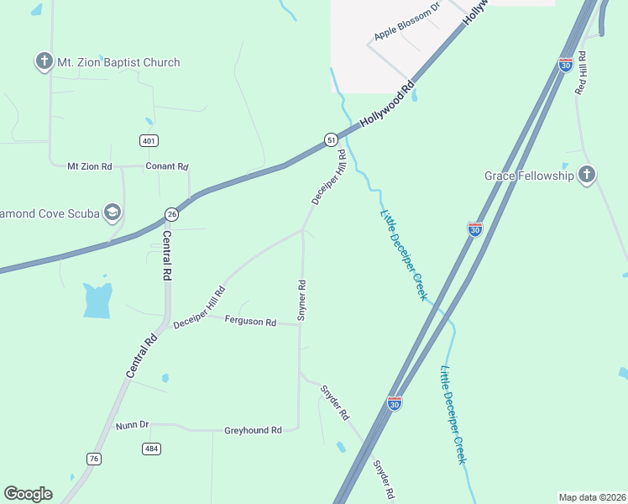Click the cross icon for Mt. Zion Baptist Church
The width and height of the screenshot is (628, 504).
coord(44,61)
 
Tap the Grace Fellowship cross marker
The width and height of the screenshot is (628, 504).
coord(587,175)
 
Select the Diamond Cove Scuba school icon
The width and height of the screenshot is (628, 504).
coord(112,213)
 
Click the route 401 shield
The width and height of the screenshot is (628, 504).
coord(149,141)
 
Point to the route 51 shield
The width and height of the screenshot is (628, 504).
coord(332,139)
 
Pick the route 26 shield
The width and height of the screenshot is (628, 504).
coord(171,214)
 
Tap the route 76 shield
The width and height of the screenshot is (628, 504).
coord(94,458)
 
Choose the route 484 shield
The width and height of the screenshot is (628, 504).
coord(151,449)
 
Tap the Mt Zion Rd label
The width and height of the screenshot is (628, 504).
coord(90,166)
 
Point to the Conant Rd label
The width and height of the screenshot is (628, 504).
coord(167,166)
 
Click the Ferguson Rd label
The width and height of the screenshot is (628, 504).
coord(250,321)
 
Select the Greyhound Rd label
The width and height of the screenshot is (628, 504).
coord(253,430)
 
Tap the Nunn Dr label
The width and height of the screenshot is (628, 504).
coord(132,425)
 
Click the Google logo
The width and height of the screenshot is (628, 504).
coord(28,494)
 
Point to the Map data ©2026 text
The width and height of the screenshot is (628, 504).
coord(592,497)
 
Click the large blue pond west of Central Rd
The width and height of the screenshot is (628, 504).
coord(97,300)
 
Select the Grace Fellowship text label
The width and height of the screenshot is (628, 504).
coord(529,176)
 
